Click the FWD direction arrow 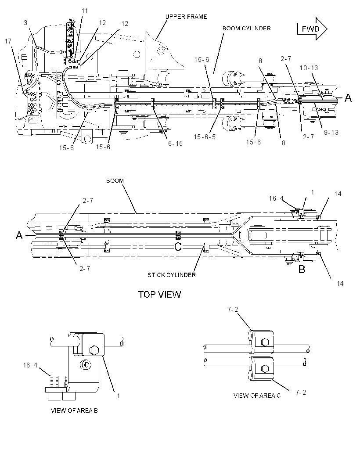312,29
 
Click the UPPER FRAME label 186,17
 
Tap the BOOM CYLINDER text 247,29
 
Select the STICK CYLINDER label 172,275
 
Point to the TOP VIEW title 159,294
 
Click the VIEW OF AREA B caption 74,410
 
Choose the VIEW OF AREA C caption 257,396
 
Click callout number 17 8,41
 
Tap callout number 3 25,23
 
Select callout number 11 85,11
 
